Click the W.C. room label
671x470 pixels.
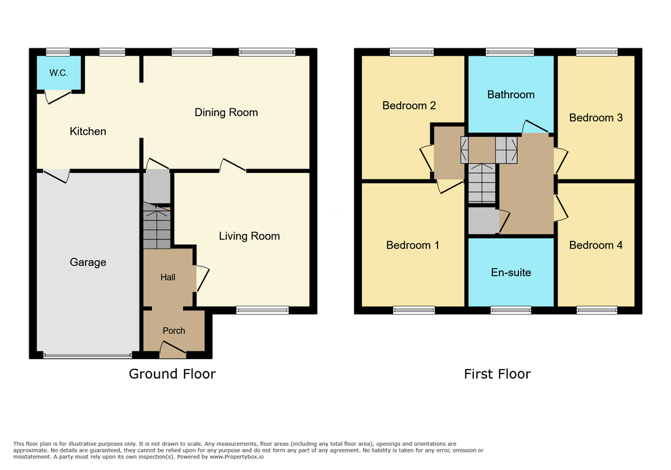59,72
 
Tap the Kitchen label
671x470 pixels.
88,131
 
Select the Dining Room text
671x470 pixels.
226,112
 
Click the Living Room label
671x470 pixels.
249,236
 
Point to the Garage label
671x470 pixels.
88,262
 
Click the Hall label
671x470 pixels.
168,277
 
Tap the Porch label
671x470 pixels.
173,331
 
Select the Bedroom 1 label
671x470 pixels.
412,245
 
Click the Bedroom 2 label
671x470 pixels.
409,105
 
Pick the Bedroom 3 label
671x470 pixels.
595,117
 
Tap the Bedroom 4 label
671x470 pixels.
595,245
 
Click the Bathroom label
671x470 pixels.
511,94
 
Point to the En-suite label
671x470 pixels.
511,272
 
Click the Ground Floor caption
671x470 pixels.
172,374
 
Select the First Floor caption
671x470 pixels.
497,374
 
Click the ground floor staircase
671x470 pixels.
157,225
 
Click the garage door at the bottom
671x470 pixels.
87,356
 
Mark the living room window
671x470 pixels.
262,311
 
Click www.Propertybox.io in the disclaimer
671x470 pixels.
236,457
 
